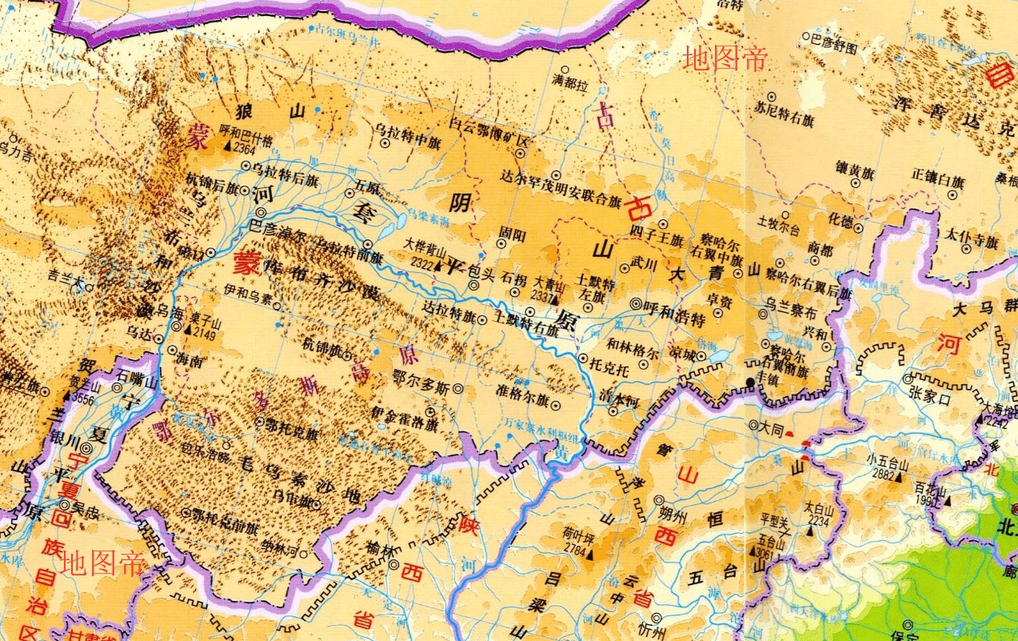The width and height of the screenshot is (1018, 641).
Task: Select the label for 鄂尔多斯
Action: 421,387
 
